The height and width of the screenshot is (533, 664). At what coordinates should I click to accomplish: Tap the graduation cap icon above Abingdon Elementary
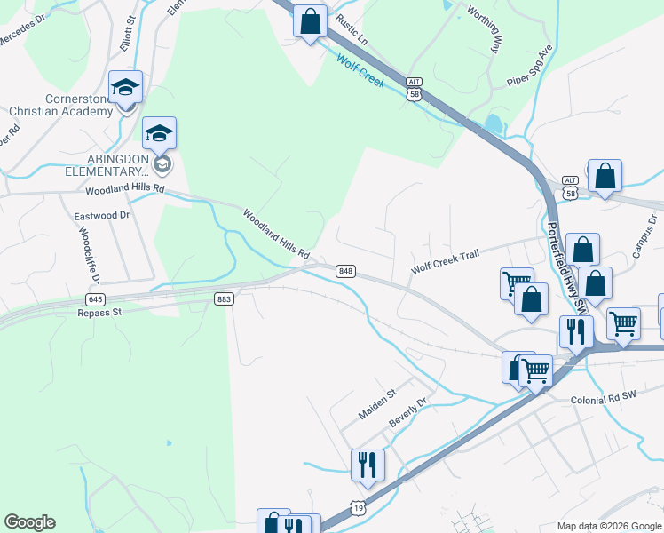pyautogui.click(x=159, y=133)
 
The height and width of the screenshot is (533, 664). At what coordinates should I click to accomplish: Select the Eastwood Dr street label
pyautogui.click(x=101, y=216)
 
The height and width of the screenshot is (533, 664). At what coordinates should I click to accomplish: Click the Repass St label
pyautogui.click(x=99, y=313)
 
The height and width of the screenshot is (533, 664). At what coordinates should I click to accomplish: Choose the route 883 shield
pyautogui.click(x=224, y=299)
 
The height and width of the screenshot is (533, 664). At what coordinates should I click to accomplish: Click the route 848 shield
pyautogui.click(x=346, y=271)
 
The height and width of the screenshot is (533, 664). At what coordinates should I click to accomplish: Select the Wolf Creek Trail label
pyautogui.click(x=445, y=256)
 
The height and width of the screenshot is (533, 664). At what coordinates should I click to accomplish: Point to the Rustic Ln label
pyautogui.click(x=351, y=29)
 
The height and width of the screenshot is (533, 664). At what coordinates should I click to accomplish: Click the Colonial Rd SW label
pyautogui.click(x=605, y=401)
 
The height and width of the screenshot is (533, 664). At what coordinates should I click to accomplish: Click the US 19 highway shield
pyautogui.click(x=357, y=506)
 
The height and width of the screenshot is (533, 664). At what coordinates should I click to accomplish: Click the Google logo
pyautogui.click(x=29, y=522)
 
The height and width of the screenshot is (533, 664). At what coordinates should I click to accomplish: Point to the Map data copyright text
pyautogui.click(x=608, y=526)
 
